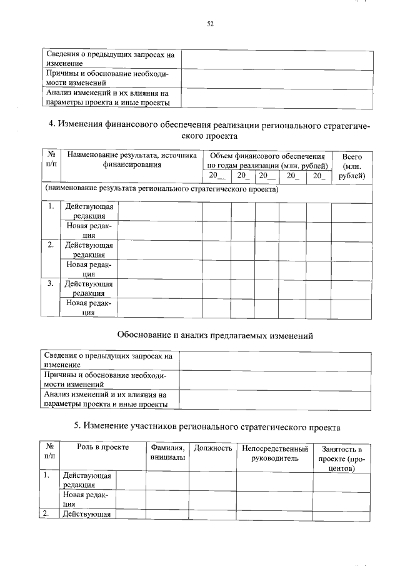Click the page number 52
[x=210, y=24]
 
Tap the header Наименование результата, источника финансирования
[x=131, y=160]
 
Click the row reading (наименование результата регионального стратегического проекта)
[x=161, y=188]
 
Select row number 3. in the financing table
[x=51, y=283]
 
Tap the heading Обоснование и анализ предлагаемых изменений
[x=215, y=336]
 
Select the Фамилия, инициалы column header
[x=167, y=453]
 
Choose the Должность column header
[x=212, y=448]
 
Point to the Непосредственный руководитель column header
[x=274, y=453]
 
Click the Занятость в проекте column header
[x=341, y=458]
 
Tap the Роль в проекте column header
[x=102, y=448]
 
